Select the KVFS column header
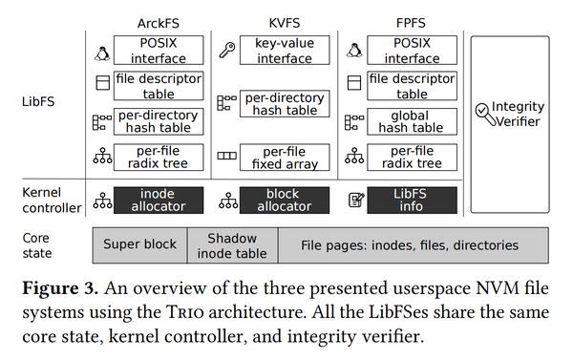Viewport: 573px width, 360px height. point(276,20)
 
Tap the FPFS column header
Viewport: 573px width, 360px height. point(398,20)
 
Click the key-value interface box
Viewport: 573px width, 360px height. point(285,51)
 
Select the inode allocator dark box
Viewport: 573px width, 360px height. point(158,200)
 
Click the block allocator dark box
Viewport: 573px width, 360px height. point(285,200)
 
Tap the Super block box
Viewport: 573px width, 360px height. point(139,244)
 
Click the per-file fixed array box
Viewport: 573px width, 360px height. point(285,158)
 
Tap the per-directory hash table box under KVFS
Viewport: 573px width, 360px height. point(285,103)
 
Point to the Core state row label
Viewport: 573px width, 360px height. point(37,244)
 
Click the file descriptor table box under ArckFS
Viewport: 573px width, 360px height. point(158,86)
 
